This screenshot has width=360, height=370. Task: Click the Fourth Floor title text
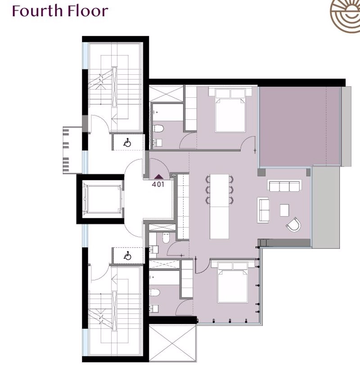pos(60,11)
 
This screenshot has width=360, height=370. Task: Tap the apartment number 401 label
pos(158,184)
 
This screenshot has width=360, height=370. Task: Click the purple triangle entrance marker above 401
pos(158,176)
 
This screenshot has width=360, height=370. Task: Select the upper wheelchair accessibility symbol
pos(127,143)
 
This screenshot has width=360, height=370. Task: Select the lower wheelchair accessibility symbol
pos(128,256)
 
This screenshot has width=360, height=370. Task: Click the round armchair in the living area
pos(294,225)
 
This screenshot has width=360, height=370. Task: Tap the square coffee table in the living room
pos(284,210)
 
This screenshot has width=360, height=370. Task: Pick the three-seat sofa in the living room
pos(284,186)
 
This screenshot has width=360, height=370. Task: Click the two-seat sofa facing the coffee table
pos(263,210)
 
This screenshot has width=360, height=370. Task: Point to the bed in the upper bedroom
pos(230,110)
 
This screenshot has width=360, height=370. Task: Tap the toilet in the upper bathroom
pos(158,129)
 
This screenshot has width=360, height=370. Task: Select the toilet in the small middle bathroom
pos(166,238)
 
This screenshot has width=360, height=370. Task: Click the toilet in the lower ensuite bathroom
pos(154,293)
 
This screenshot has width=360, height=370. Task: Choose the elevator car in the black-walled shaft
pos(103,199)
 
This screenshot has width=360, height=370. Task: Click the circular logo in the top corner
pos(345,17)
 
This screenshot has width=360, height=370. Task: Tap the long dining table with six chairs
pos(220,206)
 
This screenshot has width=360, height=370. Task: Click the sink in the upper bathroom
pos(157,143)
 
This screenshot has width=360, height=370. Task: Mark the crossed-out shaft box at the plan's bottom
pos(173,343)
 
